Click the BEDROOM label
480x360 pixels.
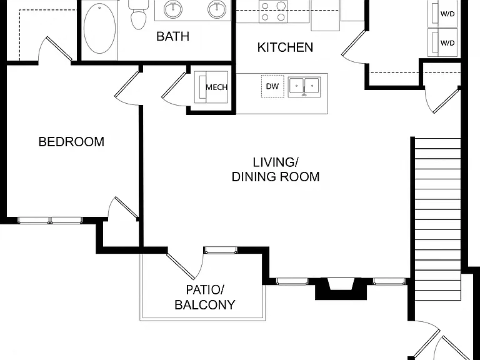point(71,142)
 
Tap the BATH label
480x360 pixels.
point(172,36)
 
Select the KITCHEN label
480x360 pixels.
point(285,47)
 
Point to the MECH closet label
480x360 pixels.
point(217,87)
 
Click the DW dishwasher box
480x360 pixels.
point(272,86)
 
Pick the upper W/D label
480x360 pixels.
point(447,14)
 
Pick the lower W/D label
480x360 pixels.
point(447,43)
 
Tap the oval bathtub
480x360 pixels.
point(100,29)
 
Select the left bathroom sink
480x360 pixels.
point(173,9)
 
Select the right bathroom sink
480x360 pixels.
point(217,9)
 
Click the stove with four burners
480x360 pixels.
point(273,11)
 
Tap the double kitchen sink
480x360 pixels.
point(304,87)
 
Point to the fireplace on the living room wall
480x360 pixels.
point(341,289)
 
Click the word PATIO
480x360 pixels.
point(205,289)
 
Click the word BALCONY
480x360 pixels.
point(205,305)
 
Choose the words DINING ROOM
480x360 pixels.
point(276,177)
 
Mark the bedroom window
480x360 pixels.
point(50,220)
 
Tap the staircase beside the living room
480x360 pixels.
point(436,219)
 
